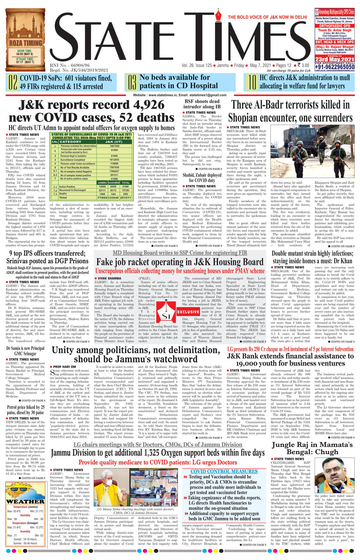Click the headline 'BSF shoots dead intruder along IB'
(x=202, y=104)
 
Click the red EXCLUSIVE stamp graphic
(x=188, y=312)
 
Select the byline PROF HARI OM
(x=64, y=367)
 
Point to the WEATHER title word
(x=25, y=502)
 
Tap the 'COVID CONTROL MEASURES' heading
(x=224, y=472)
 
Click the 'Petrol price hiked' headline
(x=25, y=410)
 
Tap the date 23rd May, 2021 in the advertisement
(x=334, y=59)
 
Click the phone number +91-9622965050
(x=334, y=67)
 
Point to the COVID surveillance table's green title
(x=91, y=136)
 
